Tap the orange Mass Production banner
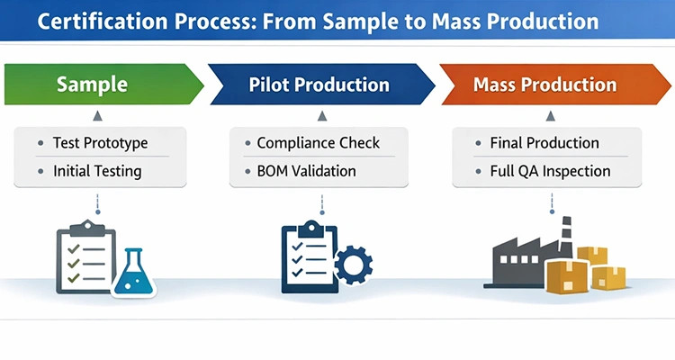click(545, 85)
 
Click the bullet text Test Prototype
click(100, 142)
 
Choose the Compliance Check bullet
click(318, 142)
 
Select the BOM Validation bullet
click(306, 170)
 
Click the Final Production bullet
click(544, 142)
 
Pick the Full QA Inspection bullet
click(550, 170)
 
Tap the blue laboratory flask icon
click(133, 271)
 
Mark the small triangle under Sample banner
click(95, 116)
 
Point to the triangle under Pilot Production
click(318, 116)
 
